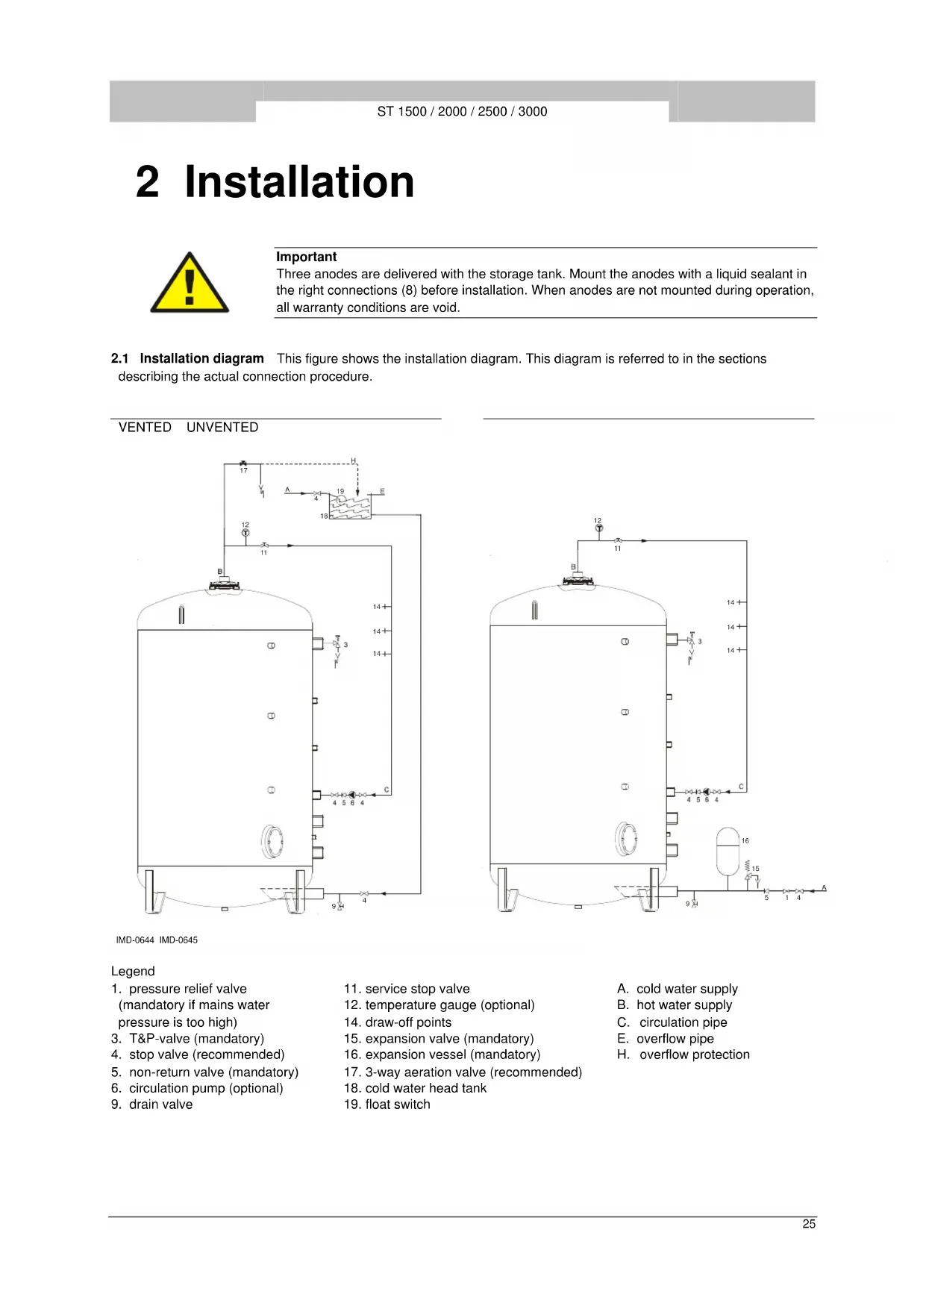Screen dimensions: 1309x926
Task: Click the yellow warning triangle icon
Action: click(x=190, y=284)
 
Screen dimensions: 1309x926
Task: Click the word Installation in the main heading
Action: click(x=299, y=182)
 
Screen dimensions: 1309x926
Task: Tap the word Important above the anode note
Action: click(x=306, y=257)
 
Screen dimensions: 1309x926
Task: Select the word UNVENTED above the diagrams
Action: click(x=222, y=428)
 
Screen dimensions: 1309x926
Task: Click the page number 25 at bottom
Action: click(x=809, y=1224)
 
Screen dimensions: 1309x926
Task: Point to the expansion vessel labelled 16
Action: click(x=728, y=850)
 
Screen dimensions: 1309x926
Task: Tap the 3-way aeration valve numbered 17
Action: click(x=243, y=464)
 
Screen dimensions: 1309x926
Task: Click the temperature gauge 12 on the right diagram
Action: click(x=598, y=528)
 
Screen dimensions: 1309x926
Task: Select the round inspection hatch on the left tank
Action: click(x=272, y=842)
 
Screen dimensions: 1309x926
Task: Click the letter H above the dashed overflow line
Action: click(x=353, y=460)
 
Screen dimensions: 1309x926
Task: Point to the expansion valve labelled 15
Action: click(x=748, y=874)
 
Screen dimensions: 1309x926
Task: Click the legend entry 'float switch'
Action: click(x=397, y=1105)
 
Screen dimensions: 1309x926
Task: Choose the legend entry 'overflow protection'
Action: click(x=694, y=1055)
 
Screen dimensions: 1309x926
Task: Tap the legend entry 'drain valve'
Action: click(x=160, y=1105)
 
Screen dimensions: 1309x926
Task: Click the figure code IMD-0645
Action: click(x=178, y=940)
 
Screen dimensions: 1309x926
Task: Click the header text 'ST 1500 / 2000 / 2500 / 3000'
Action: click(x=462, y=112)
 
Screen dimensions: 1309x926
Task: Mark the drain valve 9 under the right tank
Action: click(x=694, y=904)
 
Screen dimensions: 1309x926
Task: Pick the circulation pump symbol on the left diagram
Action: click(x=352, y=795)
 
